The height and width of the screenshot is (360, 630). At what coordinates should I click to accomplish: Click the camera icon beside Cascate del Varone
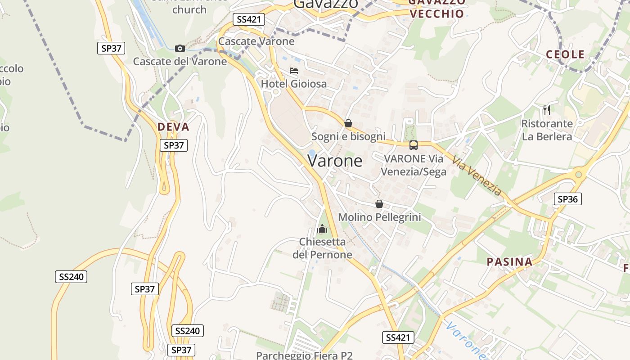180,48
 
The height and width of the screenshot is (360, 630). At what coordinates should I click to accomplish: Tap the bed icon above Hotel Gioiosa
294,71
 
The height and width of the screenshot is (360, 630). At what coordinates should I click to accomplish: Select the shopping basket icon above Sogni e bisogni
348,123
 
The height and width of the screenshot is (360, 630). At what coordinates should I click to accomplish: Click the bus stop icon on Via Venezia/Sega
414,145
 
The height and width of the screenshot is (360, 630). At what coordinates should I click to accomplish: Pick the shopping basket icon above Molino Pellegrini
379,204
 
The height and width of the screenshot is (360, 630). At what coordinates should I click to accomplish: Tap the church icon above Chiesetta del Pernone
322,229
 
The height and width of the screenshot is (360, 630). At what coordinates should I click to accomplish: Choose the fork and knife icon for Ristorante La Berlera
547,110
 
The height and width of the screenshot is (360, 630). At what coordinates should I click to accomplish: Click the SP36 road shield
567,199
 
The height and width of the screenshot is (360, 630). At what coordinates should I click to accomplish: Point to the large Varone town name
335,161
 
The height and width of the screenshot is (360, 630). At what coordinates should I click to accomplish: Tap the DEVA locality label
173,127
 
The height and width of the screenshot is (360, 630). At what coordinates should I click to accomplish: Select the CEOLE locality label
565,55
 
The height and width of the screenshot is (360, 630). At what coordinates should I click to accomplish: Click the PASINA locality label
509,262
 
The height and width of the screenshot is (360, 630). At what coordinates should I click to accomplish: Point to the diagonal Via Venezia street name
477,176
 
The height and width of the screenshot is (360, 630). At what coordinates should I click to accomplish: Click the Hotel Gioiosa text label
294,84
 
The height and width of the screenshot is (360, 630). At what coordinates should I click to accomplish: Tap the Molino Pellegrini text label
379,217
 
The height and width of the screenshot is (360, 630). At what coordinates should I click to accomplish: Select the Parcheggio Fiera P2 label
304,355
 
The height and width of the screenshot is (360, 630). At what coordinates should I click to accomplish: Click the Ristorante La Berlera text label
547,130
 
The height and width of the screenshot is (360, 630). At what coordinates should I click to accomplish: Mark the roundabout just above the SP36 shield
579,175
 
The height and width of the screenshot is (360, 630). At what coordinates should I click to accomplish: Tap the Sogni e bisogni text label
348,136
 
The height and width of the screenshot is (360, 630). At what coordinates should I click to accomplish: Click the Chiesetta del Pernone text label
322,248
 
